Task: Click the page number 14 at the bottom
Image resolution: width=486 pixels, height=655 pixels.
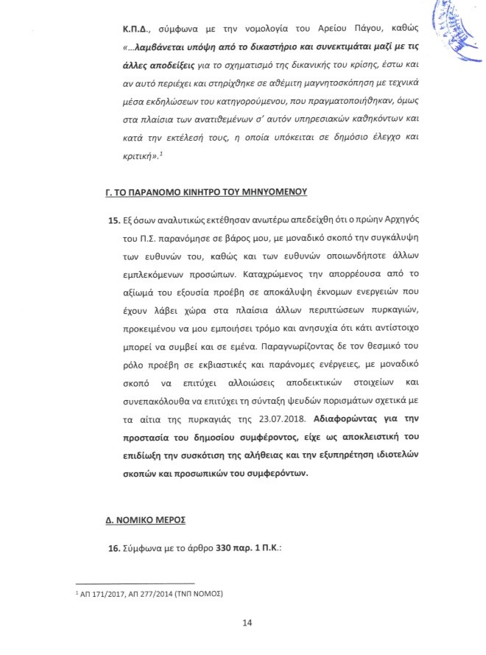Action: (x=247, y=623)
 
